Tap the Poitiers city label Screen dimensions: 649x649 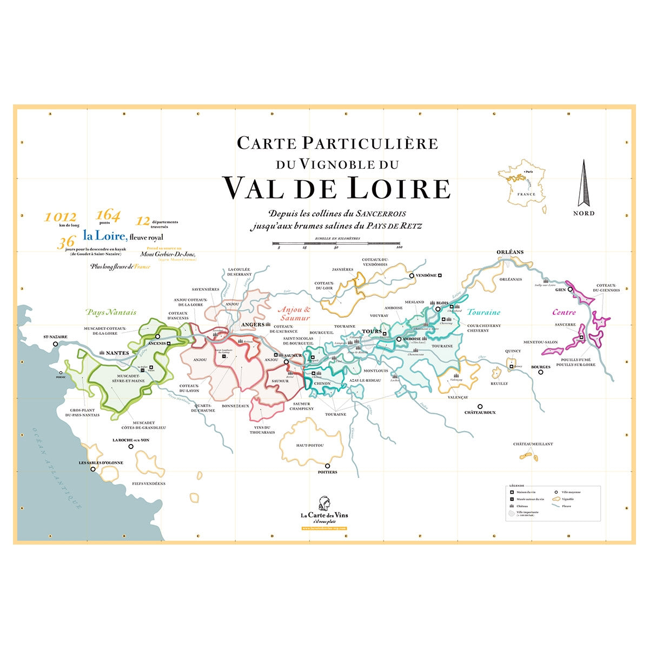pos(327,472)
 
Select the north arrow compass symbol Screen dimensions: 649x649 pos(584,183)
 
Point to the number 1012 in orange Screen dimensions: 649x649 pos(61,217)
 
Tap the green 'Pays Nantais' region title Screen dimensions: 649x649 pos(111,312)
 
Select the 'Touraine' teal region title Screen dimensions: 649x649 pos(484,312)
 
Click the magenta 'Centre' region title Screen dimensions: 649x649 pos(564,312)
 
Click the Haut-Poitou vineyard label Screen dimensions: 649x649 pos(309,445)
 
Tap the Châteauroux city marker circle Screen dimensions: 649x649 pos(480,406)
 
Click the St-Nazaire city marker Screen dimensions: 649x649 pos(55,344)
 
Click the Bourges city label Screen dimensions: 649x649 pos(541,367)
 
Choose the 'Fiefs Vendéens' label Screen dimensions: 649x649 pos(149,484)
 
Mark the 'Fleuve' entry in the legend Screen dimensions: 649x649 pos(566,506)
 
